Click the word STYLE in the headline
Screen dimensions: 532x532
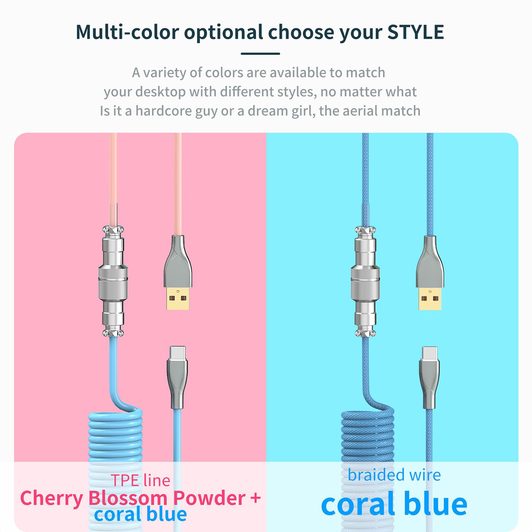click(416, 32)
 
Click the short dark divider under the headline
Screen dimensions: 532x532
click(260, 54)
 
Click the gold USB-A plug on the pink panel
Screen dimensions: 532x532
click(178, 298)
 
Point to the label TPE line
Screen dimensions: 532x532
click(140, 480)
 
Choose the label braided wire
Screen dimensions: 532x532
click(394, 475)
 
